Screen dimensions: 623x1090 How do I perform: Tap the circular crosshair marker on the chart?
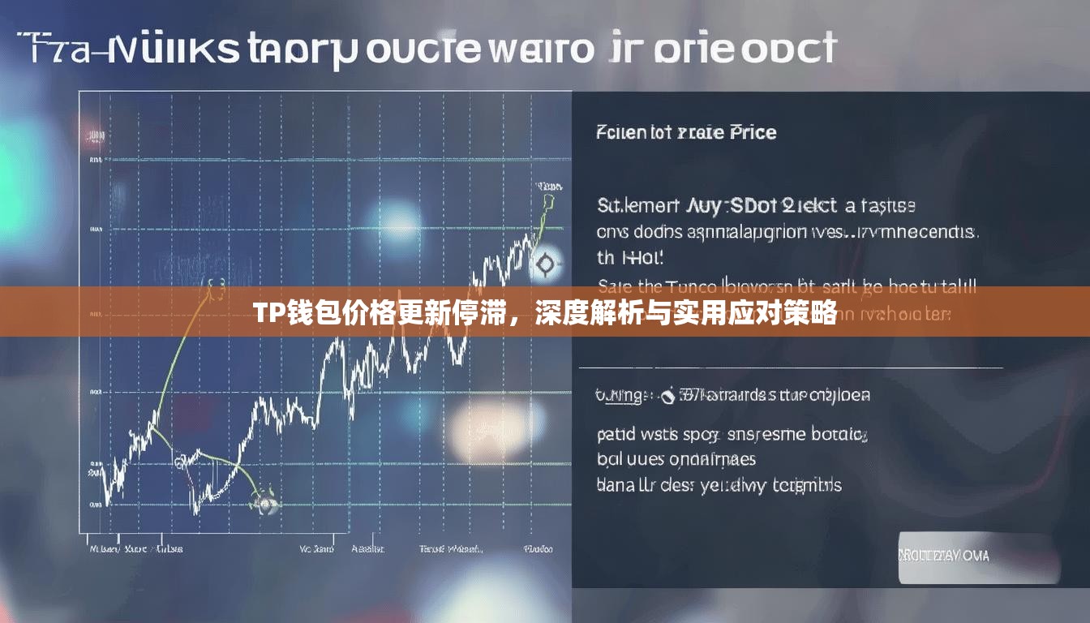tap(545, 263)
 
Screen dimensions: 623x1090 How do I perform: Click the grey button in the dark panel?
tap(979, 556)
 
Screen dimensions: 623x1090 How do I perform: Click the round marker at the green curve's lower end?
tap(265, 503)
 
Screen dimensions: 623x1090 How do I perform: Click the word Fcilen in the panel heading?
tap(621, 132)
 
